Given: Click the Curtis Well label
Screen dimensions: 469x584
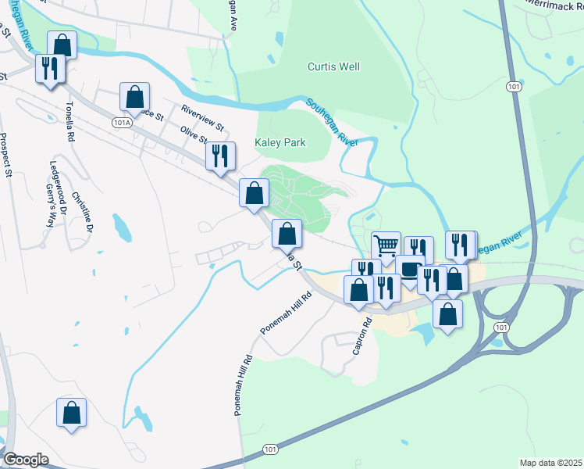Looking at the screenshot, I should click(333, 66).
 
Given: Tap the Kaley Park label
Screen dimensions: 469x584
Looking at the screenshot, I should click(280, 142).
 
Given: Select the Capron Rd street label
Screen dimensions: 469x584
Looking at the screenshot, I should click(360, 336).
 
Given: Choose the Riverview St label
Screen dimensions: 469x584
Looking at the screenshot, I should click(202, 116).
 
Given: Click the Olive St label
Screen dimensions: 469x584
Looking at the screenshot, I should click(193, 134).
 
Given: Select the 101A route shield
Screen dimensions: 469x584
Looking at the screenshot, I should click(121, 123).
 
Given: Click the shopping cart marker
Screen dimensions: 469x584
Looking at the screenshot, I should click(386, 245).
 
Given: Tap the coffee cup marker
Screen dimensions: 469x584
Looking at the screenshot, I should click(410, 269).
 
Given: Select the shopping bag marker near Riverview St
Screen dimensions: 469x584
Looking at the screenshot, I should click(134, 97).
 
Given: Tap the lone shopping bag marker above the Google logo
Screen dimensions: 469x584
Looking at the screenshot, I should click(71, 413).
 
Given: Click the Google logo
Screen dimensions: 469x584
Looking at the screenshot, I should click(25, 460).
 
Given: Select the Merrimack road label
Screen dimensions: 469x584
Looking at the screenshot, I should click(555, 4).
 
